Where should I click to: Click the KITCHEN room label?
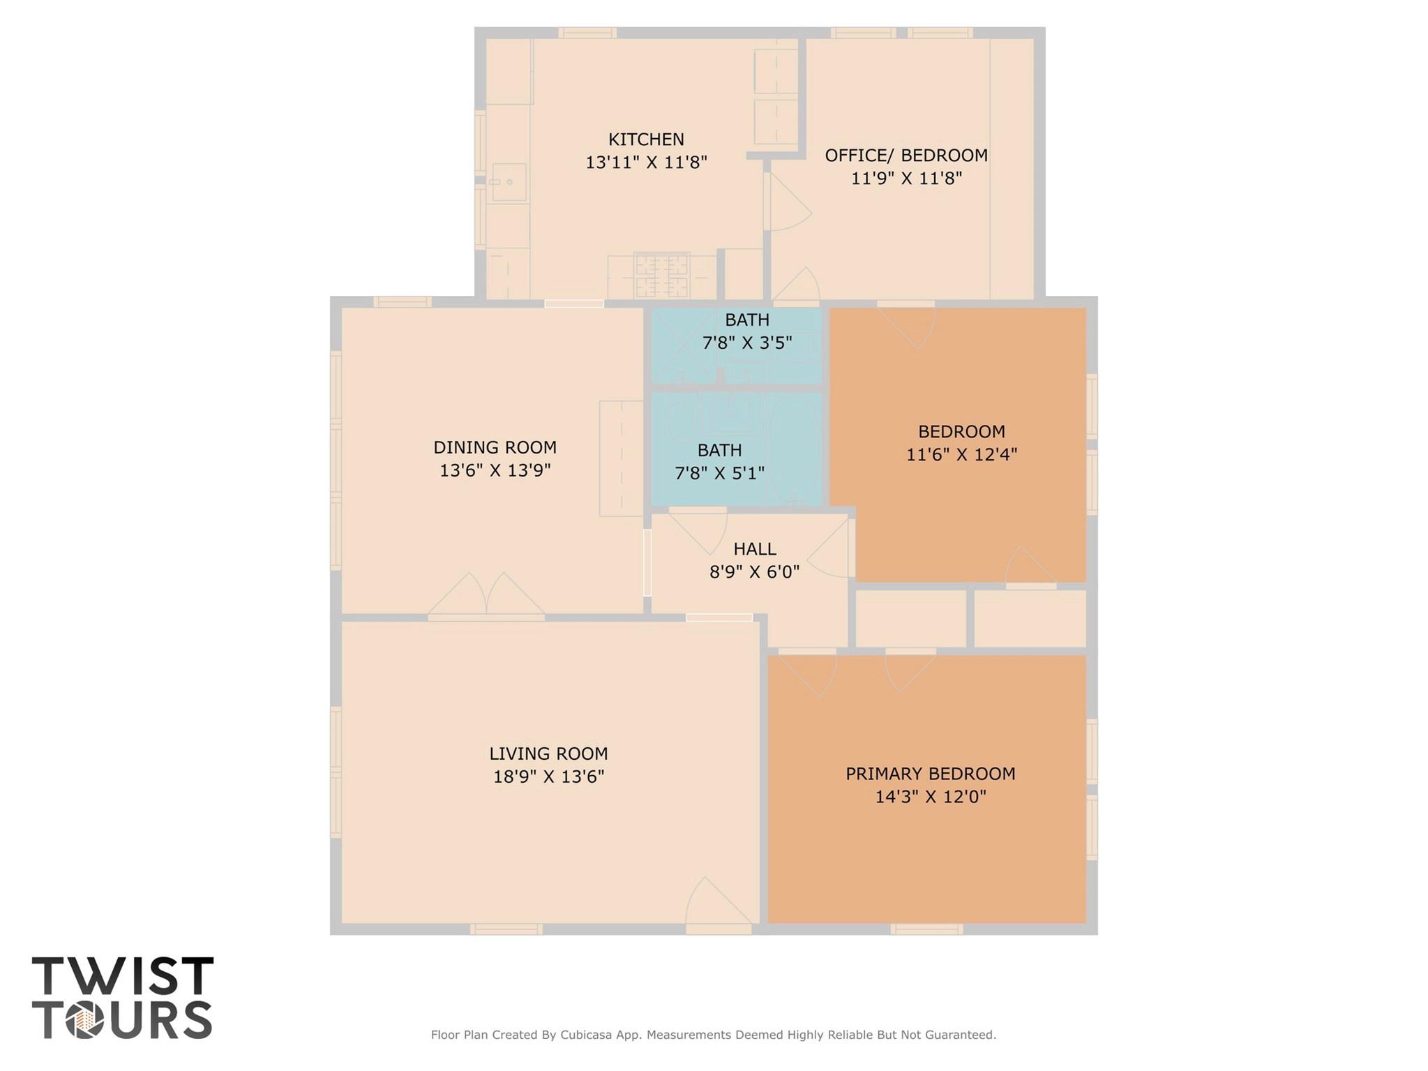[646, 140]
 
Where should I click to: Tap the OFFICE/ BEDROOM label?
[906, 156]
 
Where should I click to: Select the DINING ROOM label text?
[495, 447]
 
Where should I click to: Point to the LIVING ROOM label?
[548, 754]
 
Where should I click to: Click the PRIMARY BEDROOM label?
[931, 774]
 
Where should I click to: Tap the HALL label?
[755, 549]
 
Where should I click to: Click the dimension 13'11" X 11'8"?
[646, 163]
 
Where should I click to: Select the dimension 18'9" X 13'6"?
[548, 777]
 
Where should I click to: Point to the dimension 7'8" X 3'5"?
[747, 343]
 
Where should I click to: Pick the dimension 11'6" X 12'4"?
[961, 455]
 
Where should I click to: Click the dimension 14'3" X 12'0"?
[931, 797]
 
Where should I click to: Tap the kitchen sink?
[509, 182]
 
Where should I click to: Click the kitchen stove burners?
[661, 276]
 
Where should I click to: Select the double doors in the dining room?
[486, 597]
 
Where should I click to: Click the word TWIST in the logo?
[123, 976]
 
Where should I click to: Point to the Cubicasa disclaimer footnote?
[714, 1035]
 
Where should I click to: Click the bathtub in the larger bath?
[796, 448]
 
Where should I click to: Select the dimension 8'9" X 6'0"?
[755, 572]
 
